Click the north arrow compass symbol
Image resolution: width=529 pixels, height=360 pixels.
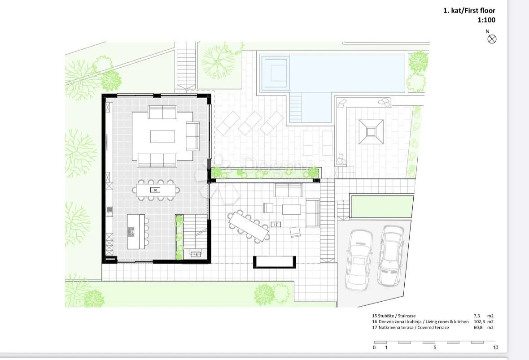click(492, 39)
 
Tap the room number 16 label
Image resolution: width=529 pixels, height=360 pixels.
click(155, 190)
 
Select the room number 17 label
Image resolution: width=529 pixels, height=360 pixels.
click(275, 225)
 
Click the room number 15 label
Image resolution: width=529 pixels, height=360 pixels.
click(196, 255)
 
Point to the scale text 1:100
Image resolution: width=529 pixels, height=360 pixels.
click(486, 20)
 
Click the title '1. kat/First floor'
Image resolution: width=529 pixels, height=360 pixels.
click(469, 10)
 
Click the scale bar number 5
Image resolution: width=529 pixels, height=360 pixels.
click(434, 347)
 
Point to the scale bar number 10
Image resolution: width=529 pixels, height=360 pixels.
click(495, 347)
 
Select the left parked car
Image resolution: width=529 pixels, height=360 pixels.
click(359, 260)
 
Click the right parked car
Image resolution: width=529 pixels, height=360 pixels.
click(391, 256)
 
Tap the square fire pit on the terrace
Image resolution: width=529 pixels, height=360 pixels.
click(371, 132)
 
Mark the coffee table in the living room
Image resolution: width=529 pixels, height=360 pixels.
click(162, 137)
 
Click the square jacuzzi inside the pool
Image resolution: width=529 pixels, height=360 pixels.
click(276, 73)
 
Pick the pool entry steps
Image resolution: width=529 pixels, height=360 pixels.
click(296, 108)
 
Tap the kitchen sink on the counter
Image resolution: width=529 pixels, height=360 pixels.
click(109, 212)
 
